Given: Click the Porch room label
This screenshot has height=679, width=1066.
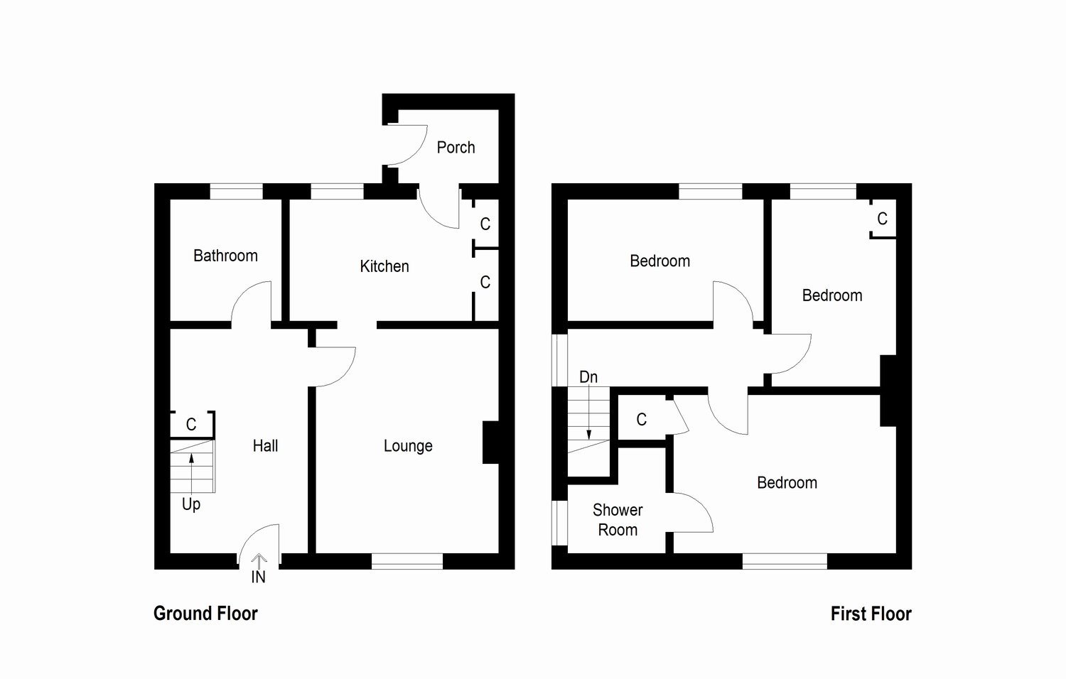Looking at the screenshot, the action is click(x=456, y=148).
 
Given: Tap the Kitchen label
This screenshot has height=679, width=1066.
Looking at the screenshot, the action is click(x=384, y=266).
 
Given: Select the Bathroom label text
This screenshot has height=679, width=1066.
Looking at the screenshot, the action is click(x=225, y=256).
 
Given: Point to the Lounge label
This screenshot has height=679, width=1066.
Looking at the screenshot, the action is click(x=408, y=446).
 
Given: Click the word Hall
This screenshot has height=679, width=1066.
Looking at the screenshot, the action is click(x=265, y=446).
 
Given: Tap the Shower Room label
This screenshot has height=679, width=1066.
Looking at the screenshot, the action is click(x=618, y=520).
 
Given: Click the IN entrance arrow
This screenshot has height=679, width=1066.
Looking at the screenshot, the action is click(x=259, y=563).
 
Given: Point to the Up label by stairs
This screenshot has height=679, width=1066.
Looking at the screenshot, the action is click(x=191, y=504).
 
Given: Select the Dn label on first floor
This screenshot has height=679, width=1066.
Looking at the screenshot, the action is click(x=588, y=377).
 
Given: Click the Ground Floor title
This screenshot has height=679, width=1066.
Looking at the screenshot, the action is click(x=205, y=614).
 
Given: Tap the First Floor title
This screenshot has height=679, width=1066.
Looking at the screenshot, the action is click(x=871, y=614).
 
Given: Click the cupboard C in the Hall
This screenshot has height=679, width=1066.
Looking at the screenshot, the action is click(x=191, y=425).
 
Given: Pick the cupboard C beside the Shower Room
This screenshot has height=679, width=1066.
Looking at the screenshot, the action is click(x=642, y=420).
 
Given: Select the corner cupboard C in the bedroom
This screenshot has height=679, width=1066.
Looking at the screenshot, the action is click(x=882, y=219).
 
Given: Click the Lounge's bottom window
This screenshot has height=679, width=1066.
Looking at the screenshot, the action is click(x=407, y=561).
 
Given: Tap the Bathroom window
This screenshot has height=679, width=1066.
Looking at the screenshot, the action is click(x=237, y=191).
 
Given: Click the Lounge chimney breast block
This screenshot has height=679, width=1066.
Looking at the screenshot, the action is click(x=490, y=442).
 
